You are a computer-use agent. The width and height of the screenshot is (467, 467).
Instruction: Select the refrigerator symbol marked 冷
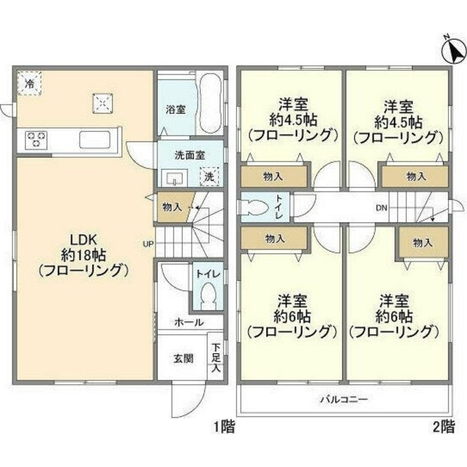[x=29, y=84]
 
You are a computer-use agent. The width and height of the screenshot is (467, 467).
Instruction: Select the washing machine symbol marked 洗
[x=210, y=177]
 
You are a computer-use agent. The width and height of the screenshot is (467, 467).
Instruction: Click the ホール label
[x=189, y=322]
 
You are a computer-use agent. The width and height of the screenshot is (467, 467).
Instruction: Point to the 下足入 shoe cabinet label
[x=216, y=358]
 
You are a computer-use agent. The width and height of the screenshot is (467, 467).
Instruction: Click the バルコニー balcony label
[x=344, y=400]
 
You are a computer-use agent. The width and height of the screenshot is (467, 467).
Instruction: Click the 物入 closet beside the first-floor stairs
[x=172, y=207]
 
